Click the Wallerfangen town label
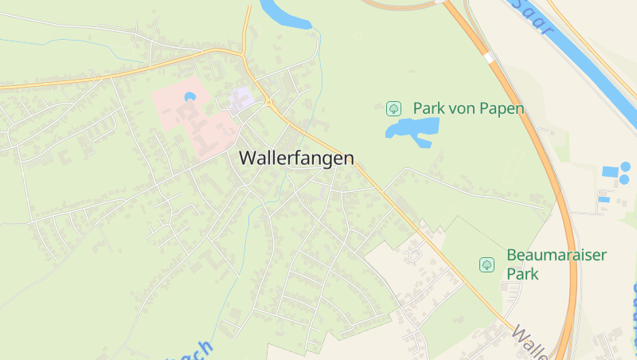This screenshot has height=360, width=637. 296,158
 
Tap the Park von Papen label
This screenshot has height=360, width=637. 468,108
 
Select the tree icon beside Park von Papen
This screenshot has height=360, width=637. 393,108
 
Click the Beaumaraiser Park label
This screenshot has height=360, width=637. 556,264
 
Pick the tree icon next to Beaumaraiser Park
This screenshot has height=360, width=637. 486,264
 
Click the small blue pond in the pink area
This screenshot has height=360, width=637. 190,96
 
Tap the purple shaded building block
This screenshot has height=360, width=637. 240,100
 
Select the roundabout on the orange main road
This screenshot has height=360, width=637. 269,102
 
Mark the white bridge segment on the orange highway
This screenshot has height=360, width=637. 488,57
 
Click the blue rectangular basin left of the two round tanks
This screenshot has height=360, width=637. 610,171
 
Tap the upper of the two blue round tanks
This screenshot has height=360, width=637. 625,166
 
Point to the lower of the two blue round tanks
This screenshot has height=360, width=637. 624,179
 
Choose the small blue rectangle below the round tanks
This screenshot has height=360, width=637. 603,199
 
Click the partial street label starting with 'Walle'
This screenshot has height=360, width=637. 530,342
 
